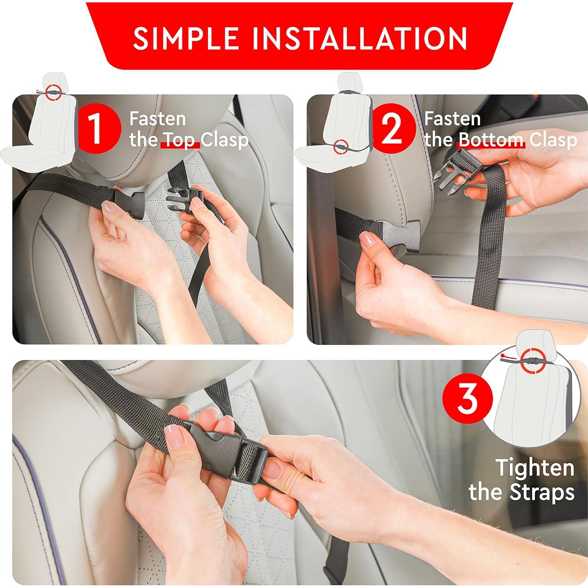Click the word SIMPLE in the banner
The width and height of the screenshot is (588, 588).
pos(186,38)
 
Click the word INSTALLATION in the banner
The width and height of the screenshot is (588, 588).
pos(353,38)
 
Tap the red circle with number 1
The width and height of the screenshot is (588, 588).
pos(97,128)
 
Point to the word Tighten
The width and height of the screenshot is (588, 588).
pos(534,468)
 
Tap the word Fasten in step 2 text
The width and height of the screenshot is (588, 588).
pos(452,118)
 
